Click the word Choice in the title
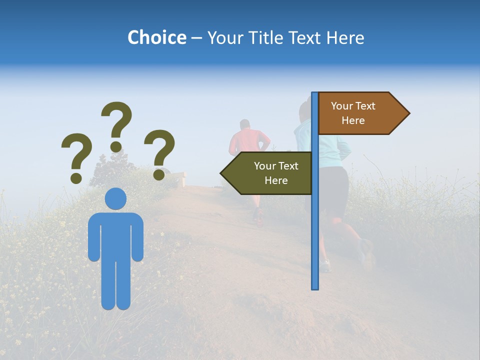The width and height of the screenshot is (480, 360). pyautogui.click(x=156, y=38)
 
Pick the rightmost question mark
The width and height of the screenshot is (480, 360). pyautogui.click(x=159, y=152)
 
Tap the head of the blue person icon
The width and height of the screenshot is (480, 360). pyautogui.click(x=115, y=198)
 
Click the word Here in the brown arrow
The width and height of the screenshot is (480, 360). pyautogui.click(x=353, y=120)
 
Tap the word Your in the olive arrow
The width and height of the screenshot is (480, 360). pyautogui.click(x=264, y=166)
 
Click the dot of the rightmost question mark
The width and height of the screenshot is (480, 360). pyautogui.click(x=159, y=174)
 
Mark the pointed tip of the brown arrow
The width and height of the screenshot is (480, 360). pyautogui.click(x=408, y=113)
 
